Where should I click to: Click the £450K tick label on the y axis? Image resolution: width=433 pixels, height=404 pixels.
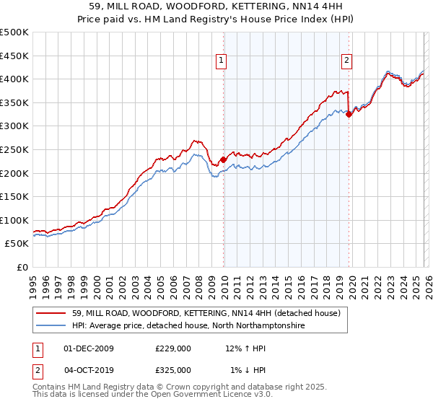[14, 56]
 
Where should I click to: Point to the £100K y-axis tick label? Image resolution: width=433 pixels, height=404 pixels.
[14, 220]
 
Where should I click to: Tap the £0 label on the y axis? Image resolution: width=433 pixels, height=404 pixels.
[22, 267]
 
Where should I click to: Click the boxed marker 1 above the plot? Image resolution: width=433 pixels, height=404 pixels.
[221, 61]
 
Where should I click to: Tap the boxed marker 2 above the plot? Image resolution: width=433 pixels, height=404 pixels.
[347, 61]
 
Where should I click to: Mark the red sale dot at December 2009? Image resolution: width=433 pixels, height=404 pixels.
[223, 159]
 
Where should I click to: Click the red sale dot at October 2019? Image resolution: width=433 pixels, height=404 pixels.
[349, 114]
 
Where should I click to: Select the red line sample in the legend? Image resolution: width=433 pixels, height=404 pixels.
[51, 313]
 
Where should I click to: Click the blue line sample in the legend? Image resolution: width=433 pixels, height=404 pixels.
[51, 326]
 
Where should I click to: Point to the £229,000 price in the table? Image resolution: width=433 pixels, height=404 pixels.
[173, 349]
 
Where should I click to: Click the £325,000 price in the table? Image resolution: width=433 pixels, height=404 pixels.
[173, 369]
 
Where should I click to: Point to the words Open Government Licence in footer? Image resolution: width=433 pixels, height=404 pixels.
[201, 395]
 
